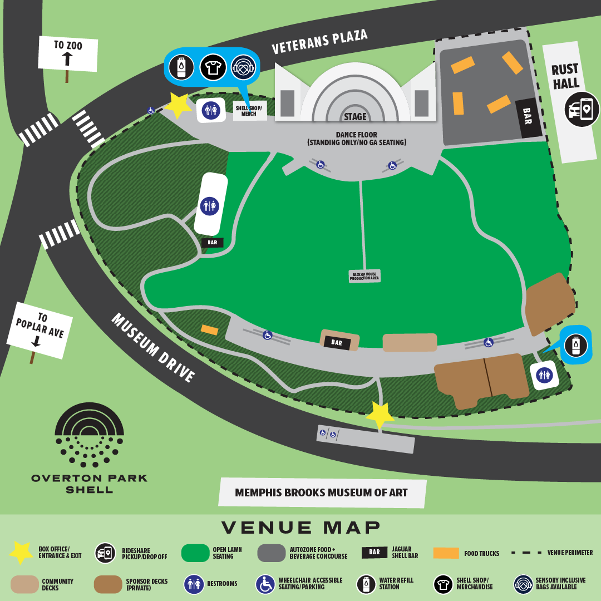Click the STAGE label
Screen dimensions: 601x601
click(355, 116)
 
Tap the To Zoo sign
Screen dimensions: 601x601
click(68, 53)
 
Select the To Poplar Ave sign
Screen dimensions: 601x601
click(40, 330)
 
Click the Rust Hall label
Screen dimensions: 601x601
click(565, 77)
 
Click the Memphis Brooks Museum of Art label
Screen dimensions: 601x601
click(322, 492)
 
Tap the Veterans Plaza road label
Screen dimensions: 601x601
click(319, 43)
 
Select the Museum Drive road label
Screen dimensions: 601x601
click(153, 348)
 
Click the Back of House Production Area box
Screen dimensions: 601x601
click(364, 276)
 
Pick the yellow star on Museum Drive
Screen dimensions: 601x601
click(380, 415)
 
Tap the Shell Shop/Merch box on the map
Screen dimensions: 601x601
click(249, 110)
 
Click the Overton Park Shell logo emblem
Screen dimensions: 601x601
click(89, 434)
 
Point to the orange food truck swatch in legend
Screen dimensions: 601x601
click(446, 553)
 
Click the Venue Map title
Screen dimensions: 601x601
click(301, 527)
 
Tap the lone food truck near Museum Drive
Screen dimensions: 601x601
click(209, 329)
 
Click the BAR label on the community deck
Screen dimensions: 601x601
click(337, 343)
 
